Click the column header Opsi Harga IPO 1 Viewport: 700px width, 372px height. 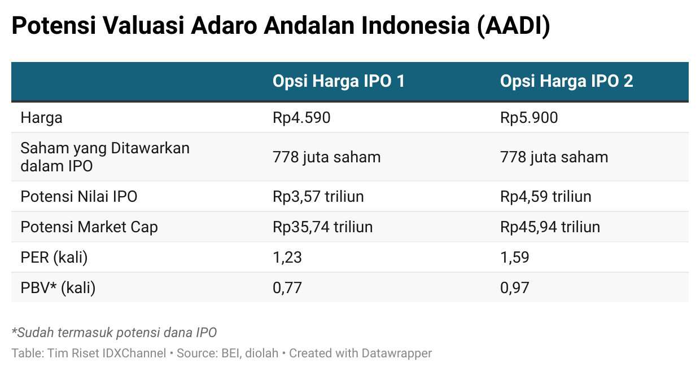click(339, 81)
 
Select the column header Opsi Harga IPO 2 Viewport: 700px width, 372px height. click(567, 81)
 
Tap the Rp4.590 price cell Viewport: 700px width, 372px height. click(301, 118)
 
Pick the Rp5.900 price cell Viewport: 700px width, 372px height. click(529, 118)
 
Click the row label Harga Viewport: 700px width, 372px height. click(42, 118)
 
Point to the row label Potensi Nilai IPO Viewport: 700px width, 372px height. click(79, 197)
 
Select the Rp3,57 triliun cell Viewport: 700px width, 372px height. click(318, 197)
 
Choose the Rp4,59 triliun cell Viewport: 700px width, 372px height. click(546, 197)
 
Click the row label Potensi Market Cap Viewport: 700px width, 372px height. click(89, 227)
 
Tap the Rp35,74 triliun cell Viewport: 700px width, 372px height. click(322, 227)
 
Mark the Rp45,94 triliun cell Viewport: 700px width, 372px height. click(550, 227)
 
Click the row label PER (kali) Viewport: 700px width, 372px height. click(54, 258)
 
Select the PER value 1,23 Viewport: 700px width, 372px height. click(287, 258)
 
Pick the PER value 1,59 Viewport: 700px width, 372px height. click(515, 258)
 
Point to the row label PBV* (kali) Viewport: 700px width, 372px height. click(58, 288)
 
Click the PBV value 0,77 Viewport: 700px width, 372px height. click(287, 288)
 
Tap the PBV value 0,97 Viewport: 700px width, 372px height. click(515, 288)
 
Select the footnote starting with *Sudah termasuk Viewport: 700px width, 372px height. click(114, 333)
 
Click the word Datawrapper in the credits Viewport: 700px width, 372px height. click(396, 353)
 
